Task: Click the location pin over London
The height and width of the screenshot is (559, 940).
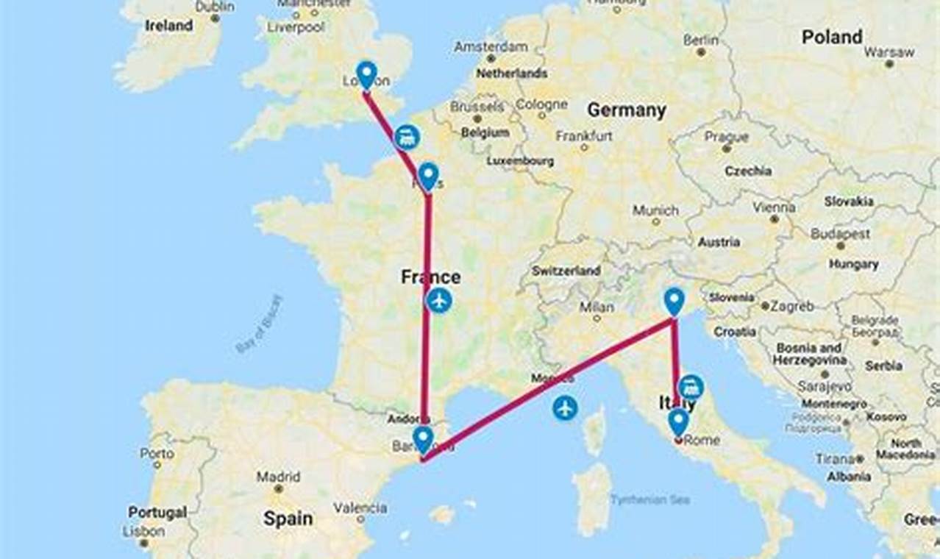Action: pos(366,74)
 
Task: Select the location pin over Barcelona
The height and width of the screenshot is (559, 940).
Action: pos(422,439)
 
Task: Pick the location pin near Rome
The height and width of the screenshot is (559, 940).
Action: pos(678,421)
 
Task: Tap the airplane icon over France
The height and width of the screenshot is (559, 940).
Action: pos(439,300)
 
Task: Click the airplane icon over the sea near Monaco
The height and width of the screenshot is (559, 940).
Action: pos(565,407)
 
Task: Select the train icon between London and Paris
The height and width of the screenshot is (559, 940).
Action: pos(407,137)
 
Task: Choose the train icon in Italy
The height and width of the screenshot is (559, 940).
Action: pos(691,387)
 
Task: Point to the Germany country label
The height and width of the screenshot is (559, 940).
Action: pos(626,110)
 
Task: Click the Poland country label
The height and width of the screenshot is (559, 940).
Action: pos(832,37)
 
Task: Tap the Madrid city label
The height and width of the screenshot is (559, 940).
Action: pos(278,477)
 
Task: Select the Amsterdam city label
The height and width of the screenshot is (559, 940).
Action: pos(491,46)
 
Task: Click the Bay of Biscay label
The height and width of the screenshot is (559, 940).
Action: pos(259,324)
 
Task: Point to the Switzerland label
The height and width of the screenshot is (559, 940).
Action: pos(566,270)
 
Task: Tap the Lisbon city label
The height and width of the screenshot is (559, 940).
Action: pos(143,531)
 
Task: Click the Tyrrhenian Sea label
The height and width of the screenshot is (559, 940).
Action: pos(650,499)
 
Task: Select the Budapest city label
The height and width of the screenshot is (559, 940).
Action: pos(840,233)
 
